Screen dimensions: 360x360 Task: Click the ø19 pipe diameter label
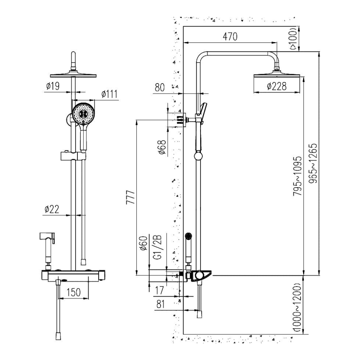(x=53, y=86)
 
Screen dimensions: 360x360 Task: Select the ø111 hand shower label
(x=109, y=94)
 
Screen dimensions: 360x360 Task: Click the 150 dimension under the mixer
(x=73, y=292)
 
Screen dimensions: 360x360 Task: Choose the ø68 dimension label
(x=162, y=148)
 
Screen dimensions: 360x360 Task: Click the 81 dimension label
(x=160, y=304)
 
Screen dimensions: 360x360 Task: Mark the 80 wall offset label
(x=160, y=87)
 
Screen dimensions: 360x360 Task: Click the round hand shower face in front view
(x=84, y=113)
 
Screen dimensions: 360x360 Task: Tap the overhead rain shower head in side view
(x=277, y=76)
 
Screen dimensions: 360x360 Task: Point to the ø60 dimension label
(x=143, y=244)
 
